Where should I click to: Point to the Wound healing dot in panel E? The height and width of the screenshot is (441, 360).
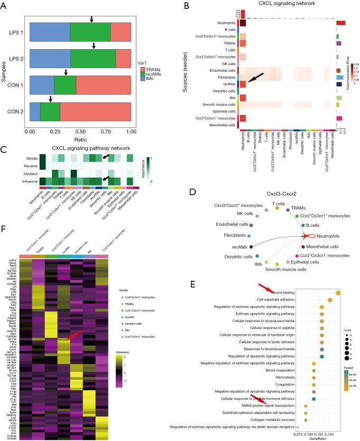pyautogui.click(x=338, y=292)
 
